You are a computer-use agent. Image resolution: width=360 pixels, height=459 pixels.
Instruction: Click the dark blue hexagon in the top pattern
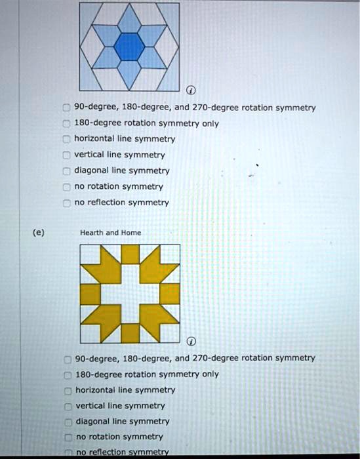coord(129,45)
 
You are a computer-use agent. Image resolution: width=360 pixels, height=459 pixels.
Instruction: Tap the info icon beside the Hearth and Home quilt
coord(191,342)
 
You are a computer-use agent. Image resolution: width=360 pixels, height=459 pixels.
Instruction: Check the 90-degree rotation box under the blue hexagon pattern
coord(66,108)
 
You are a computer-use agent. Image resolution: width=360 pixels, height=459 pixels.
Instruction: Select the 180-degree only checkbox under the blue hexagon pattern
coord(66,123)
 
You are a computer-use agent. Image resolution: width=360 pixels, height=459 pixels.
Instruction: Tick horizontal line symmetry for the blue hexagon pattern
coord(66,139)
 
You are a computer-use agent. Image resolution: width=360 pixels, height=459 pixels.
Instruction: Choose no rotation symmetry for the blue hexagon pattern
coord(66,187)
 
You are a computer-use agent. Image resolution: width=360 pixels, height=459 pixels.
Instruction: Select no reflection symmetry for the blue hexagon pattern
coord(66,203)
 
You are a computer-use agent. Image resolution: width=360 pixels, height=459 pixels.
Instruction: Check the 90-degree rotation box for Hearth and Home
coord(67,359)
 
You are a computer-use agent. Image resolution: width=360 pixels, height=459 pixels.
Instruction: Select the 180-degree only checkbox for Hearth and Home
coord(67,374)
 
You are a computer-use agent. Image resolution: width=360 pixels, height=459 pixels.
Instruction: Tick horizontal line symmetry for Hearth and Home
coord(67,390)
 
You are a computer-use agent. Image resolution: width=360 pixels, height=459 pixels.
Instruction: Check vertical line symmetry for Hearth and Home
coord(67,406)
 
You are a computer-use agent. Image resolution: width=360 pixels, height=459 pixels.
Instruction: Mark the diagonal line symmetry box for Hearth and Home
coord(67,422)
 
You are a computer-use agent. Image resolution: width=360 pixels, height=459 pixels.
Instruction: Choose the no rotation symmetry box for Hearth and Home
coord(67,437)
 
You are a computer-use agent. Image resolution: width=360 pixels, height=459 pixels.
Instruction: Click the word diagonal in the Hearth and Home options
coord(92,422)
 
